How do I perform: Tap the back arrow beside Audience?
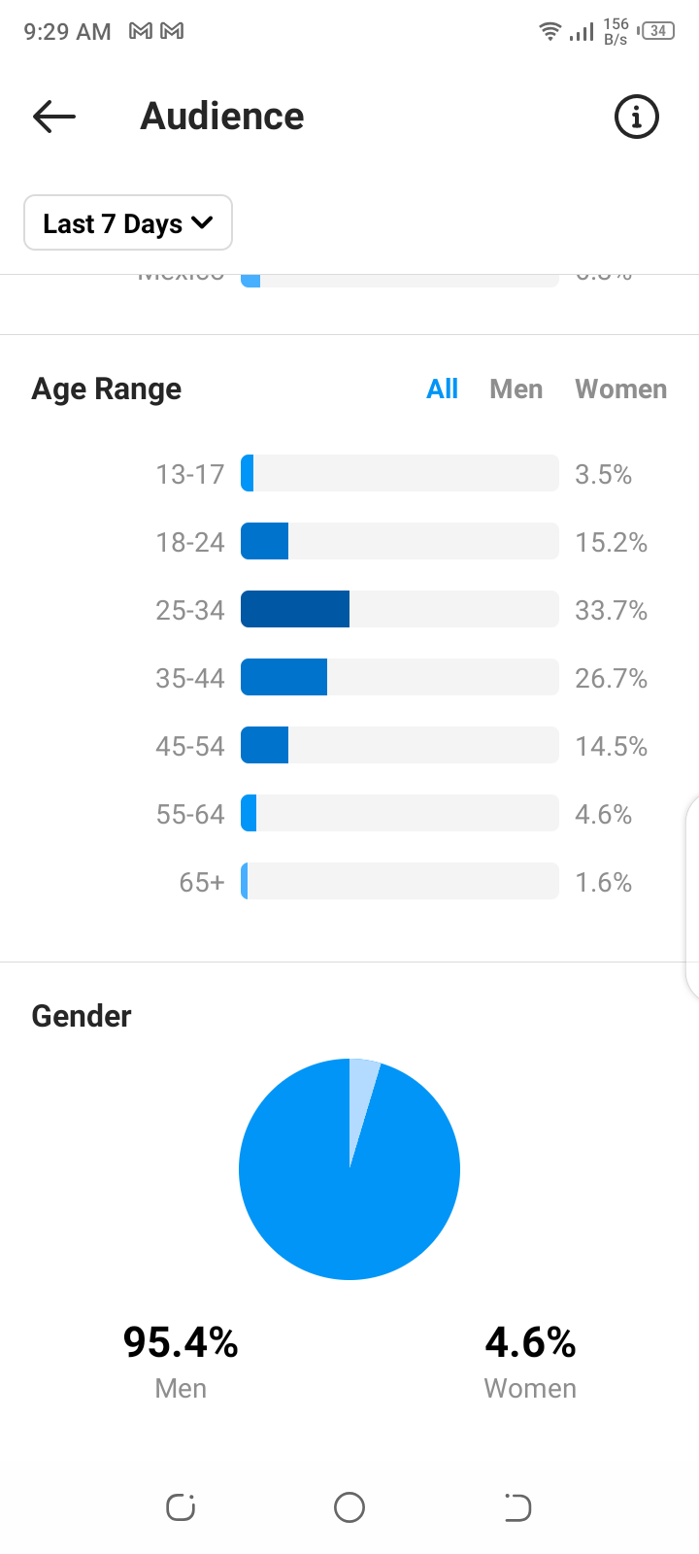coord(54,117)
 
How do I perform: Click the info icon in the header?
coord(637,118)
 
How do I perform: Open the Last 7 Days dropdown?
coord(128,223)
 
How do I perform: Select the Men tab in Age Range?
coord(516,389)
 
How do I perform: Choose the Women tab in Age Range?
coord(620,389)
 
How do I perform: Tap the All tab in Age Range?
coord(442,389)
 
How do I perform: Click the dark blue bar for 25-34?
coord(295,609)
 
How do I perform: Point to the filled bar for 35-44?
coord(283,677)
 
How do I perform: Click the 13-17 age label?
coord(190,474)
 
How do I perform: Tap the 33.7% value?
coord(611,610)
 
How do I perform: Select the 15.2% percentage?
coord(611,542)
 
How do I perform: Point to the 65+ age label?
coord(201,882)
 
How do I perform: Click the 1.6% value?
coord(603,882)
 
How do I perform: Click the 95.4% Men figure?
coord(181,1342)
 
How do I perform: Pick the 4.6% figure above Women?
coord(530,1342)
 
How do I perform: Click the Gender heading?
coord(82,1016)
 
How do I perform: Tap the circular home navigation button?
coord(349,1507)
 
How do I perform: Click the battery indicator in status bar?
coord(657,31)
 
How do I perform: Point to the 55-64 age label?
coord(190,814)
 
